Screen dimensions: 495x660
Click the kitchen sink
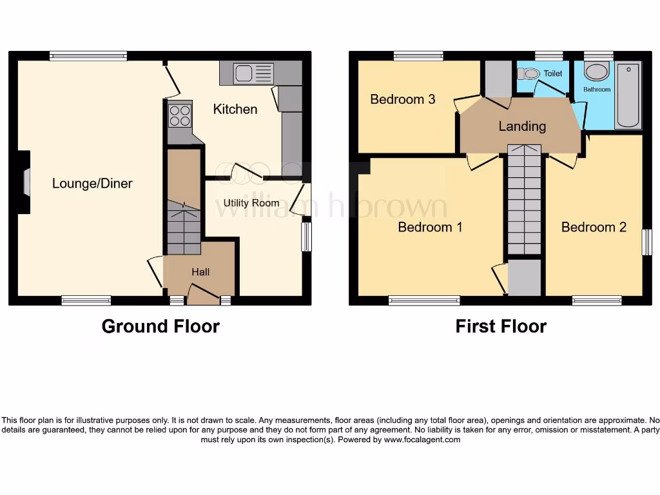click(x=244, y=73)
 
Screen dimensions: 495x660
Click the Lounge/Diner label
click(x=92, y=184)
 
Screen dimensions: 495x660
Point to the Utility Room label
click(x=251, y=203)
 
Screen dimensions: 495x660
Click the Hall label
click(x=200, y=272)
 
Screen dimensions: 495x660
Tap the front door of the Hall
click(x=202, y=297)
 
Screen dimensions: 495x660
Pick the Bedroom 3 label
click(x=403, y=99)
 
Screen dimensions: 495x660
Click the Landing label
click(x=522, y=126)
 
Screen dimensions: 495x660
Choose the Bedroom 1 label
click(x=430, y=227)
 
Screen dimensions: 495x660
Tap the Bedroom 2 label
click(x=594, y=227)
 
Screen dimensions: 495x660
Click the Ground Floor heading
click(x=160, y=327)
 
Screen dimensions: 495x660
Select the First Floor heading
click(x=501, y=327)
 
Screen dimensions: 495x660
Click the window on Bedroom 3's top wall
click(x=418, y=56)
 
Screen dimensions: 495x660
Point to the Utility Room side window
click(x=306, y=237)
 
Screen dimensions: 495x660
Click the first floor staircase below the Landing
click(x=524, y=200)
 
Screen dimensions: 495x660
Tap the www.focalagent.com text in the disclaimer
click(x=422, y=440)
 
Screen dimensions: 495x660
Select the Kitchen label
click(x=235, y=109)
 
